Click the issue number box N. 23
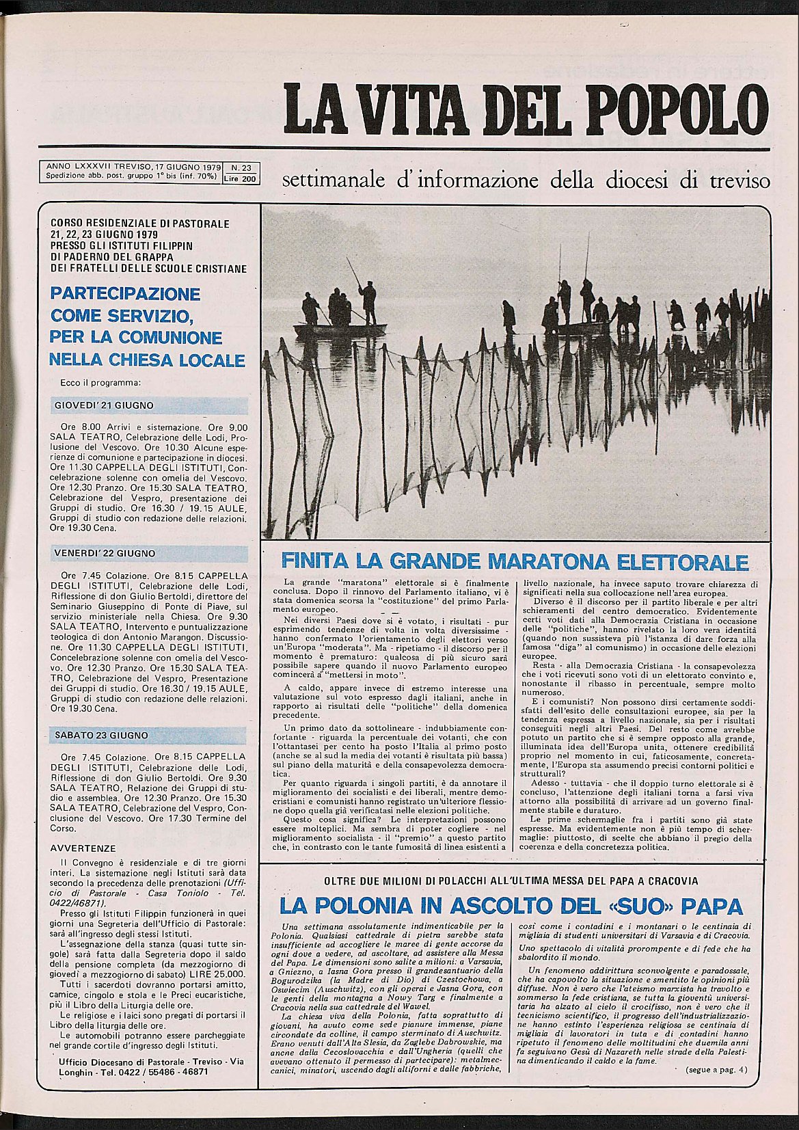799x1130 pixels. tap(241, 167)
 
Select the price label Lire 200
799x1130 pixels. tap(241, 179)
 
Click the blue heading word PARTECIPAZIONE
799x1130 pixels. tap(125, 294)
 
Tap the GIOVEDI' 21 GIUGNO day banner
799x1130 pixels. tap(104, 405)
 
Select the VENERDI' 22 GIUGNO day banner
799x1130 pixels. tap(105, 553)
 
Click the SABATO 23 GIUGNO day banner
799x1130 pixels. tap(101, 736)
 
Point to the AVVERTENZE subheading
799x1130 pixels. tap(83, 848)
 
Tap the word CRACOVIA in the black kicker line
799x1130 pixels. tap(669, 881)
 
